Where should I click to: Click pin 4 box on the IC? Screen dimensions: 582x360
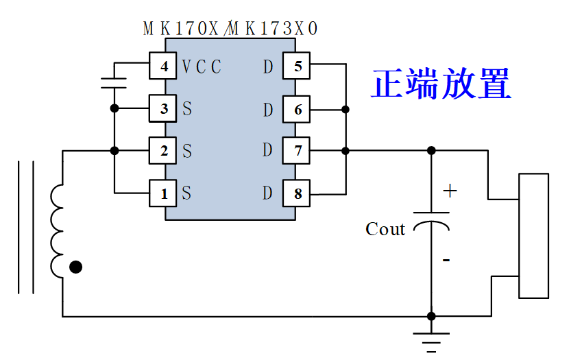coord(162,66)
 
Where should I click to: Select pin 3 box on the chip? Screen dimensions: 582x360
coord(162,108)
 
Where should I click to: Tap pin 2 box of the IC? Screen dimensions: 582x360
coord(162,151)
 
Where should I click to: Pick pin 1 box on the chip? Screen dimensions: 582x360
coord(162,193)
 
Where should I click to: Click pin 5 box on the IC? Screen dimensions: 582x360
coord(296,66)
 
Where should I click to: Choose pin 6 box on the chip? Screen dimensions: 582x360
coord(296,109)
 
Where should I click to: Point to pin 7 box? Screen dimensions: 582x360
coord(296,151)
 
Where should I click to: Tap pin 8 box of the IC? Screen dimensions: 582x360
coord(296,193)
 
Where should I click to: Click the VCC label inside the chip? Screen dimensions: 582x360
coord(202,67)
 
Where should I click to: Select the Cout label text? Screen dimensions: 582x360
coord(385,229)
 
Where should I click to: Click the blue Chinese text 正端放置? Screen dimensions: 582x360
coord(441,84)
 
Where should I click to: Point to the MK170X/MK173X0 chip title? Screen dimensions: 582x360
coord(230,28)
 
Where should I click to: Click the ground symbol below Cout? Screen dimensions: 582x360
coord(431,342)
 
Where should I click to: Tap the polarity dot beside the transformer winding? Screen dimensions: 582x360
coord(75,267)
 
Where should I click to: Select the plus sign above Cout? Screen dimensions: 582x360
coord(450,191)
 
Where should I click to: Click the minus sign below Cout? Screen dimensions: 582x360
coord(446,260)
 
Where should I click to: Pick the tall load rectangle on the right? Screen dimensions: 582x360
coord(533,236)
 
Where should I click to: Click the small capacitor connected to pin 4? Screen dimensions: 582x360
coord(114,83)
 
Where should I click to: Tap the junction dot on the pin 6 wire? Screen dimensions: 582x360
coord(345,109)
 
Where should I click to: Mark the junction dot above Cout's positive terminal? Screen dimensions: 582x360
coord(431,151)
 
